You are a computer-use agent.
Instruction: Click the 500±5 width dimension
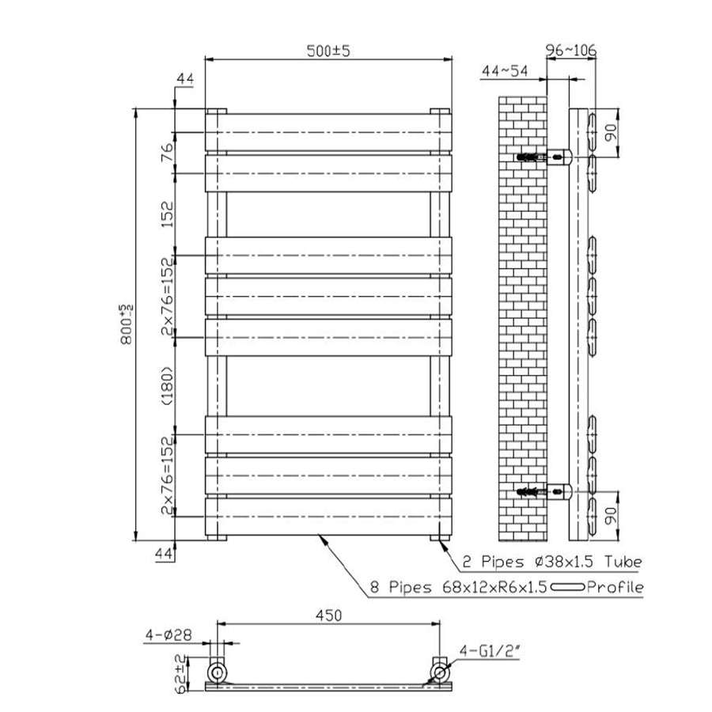329,50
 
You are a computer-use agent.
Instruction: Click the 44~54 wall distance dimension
504,70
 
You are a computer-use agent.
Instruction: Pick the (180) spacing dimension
167,385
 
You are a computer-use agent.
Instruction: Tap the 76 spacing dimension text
167,153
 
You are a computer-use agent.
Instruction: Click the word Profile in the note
615,587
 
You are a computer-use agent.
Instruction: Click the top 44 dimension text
185,79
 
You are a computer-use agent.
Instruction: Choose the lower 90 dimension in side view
610,515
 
